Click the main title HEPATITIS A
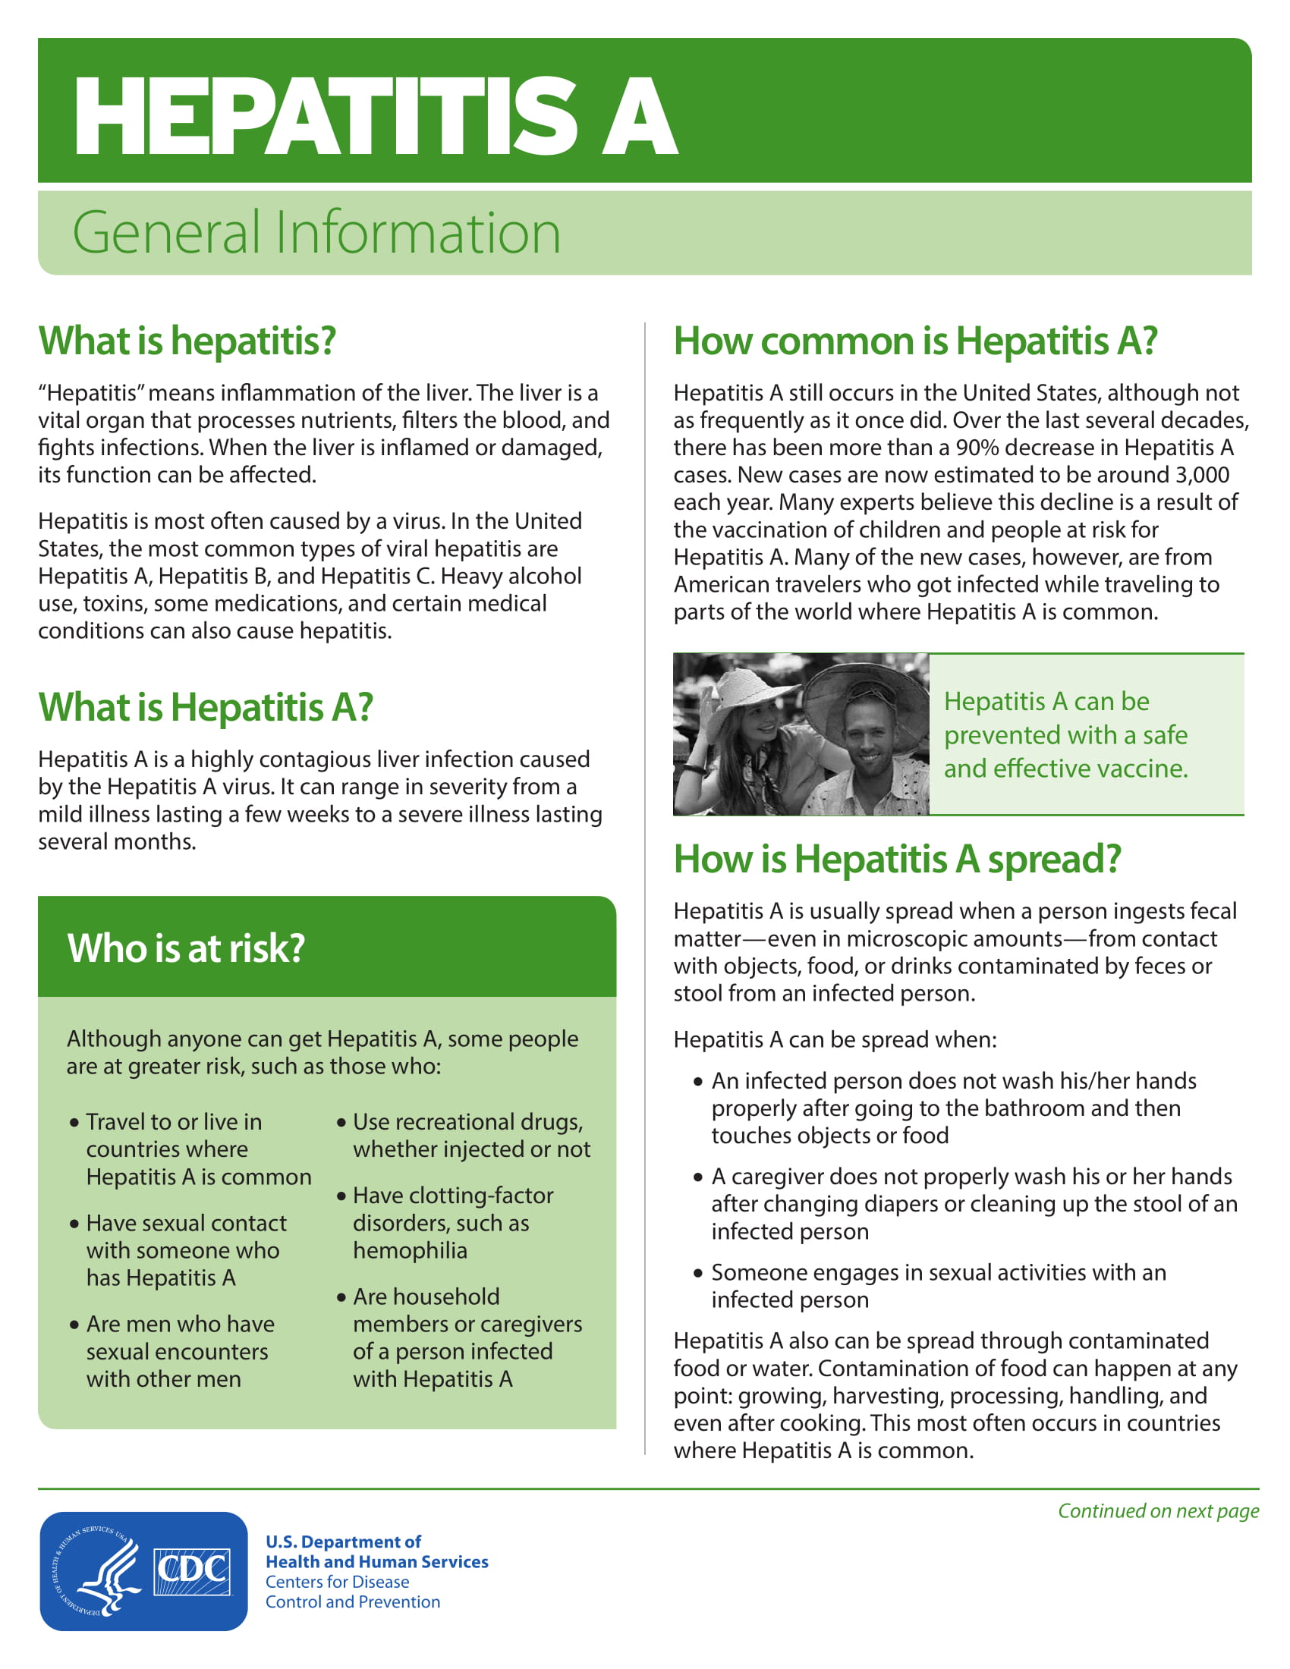374,116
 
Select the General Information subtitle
316,232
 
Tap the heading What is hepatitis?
187,341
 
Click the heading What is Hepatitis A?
206,707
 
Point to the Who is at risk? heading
186,948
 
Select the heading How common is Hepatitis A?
915,341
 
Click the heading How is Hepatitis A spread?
896,859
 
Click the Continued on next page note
1158,1510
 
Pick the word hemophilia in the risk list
410,1251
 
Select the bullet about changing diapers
973,1204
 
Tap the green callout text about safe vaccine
1065,734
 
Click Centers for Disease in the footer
337,1582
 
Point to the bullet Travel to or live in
174,1122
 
